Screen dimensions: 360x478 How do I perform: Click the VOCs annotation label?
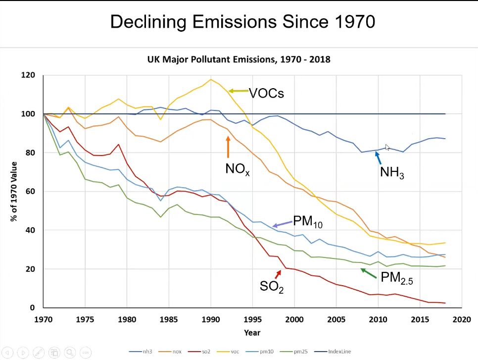pyautogui.click(x=266, y=93)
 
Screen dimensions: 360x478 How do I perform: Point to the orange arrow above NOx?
pyautogui.click(x=228, y=147)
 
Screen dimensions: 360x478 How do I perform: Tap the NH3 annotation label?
pyautogui.click(x=392, y=173)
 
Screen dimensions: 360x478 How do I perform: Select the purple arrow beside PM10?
pyautogui.click(x=282, y=224)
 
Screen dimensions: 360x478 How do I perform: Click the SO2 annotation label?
pyautogui.click(x=272, y=286)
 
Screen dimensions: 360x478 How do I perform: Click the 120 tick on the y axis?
pyautogui.click(x=28, y=75)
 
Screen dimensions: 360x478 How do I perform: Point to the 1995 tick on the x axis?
pyautogui.click(x=252, y=319)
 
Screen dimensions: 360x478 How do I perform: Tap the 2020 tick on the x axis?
pyautogui.click(x=462, y=319)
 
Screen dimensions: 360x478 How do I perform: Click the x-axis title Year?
pyautogui.click(x=252, y=332)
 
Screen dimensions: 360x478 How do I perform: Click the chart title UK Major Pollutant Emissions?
pyautogui.click(x=239, y=59)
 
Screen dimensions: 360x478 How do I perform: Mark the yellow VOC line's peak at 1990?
pyautogui.click(x=211, y=79)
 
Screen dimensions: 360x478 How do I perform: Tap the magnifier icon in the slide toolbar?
pyautogui.click(x=69, y=352)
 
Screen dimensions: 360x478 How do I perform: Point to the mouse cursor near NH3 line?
pyautogui.click(x=387, y=147)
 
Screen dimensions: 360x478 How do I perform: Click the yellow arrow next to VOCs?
pyautogui.click(x=238, y=91)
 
